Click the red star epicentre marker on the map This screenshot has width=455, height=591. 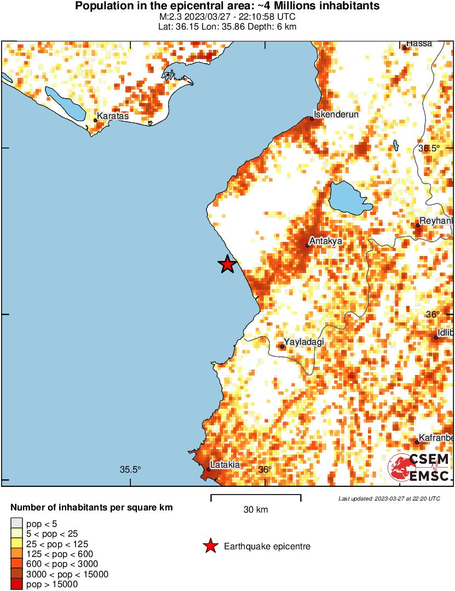(x=227, y=264)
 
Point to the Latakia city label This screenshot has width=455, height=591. (x=225, y=465)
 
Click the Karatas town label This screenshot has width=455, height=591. (x=112, y=116)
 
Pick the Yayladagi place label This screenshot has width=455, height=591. (x=304, y=342)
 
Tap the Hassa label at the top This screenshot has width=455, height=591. (x=419, y=43)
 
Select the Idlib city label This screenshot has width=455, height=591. (x=446, y=333)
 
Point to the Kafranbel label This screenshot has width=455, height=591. (x=436, y=437)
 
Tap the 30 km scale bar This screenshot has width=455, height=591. (x=256, y=498)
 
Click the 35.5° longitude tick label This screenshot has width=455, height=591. (x=131, y=469)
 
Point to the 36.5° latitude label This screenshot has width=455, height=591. (x=429, y=149)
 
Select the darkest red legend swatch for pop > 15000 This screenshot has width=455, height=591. (x=17, y=584)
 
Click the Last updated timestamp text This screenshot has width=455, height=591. (x=389, y=498)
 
